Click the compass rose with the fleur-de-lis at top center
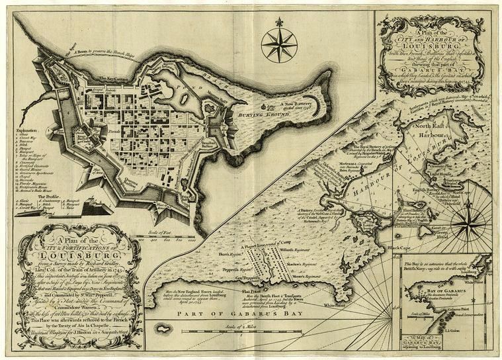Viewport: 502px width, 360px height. tap(278, 45)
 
